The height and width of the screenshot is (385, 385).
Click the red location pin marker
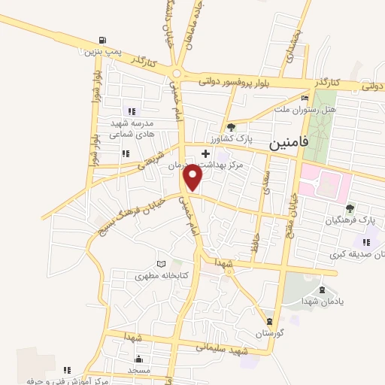pos(194,177)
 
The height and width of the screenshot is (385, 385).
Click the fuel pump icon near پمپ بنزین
pos(102,41)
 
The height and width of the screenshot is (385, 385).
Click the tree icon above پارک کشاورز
pos(232,127)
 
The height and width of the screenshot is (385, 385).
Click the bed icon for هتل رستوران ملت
pos(305,99)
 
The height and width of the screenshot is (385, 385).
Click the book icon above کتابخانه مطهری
pos(159,264)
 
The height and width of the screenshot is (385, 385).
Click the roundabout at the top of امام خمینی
pos(177,74)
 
